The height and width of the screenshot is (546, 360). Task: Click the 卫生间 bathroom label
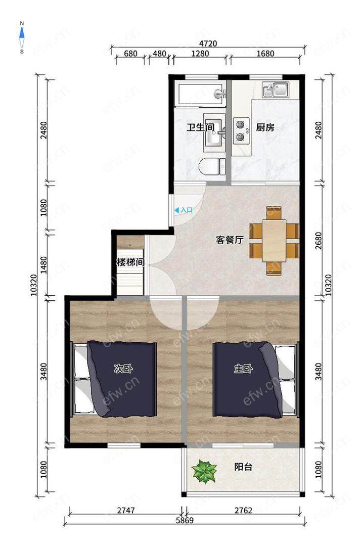coord(201,127)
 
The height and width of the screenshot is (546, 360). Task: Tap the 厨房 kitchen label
coord(265,127)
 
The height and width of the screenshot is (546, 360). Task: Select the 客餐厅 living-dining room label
coord(230,240)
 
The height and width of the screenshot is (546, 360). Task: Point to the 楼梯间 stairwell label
coord(130,262)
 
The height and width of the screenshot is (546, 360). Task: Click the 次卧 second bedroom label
coord(123,369)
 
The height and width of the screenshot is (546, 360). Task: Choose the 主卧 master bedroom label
coord(243,369)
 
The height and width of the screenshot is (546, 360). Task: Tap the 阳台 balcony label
coord(243,467)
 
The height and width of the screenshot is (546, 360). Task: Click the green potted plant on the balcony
coord(204,471)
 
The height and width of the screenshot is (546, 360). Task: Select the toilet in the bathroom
coord(212,166)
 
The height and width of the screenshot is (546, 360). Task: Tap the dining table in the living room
coord(274,241)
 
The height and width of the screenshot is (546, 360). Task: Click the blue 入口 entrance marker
coord(184,210)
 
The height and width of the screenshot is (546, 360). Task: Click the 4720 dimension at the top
coord(208,43)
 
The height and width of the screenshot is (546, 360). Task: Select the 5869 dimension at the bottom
coord(185,521)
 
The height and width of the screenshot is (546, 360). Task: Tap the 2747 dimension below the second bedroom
coord(126,511)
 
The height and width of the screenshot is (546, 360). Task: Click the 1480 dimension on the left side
coord(43,264)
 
